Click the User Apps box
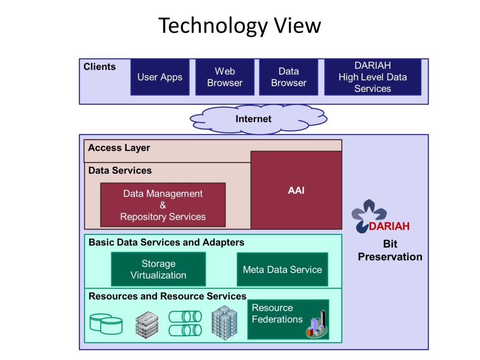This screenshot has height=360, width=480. pyautogui.click(x=160, y=77)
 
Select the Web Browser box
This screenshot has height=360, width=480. pyautogui.click(x=225, y=77)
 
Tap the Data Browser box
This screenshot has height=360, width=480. pyautogui.click(x=289, y=77)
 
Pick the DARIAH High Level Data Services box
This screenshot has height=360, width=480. pyautogui.click(x=373, y=77)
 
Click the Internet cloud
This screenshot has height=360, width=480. pyautogui.click(x=258, y=120)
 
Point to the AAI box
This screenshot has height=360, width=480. pyautogui.click(x=296, y=190)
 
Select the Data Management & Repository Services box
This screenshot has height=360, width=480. pyautogui.click(x=163, y=205)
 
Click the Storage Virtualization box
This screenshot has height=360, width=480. pyautogui.click(x=158, y=270)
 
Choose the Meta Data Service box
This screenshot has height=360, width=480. pyautogui.click(x=283, y=270)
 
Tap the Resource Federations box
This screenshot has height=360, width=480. pyautogui.click(x=288, y=319)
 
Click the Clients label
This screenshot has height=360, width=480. pyautogui.click(x=100, y=67)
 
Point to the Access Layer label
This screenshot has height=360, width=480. pyautogui.click(x=119, y=148)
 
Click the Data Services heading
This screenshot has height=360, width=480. pyautogui.click(x=120, y=171)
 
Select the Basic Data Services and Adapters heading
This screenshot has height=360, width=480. pyautogui.click(x=166, y=242)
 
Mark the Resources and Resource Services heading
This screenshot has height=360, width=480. pyautogui.click(x=167, y=296)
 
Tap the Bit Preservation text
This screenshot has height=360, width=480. pyautogui.click(x=390, y=250)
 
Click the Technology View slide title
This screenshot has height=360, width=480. pyautogui.click(x=240, y=26)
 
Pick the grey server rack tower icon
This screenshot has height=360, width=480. pyautogui.click(x=225, y=322)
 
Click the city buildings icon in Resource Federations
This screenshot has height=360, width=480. pyautogui.click(x=317, y=325)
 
